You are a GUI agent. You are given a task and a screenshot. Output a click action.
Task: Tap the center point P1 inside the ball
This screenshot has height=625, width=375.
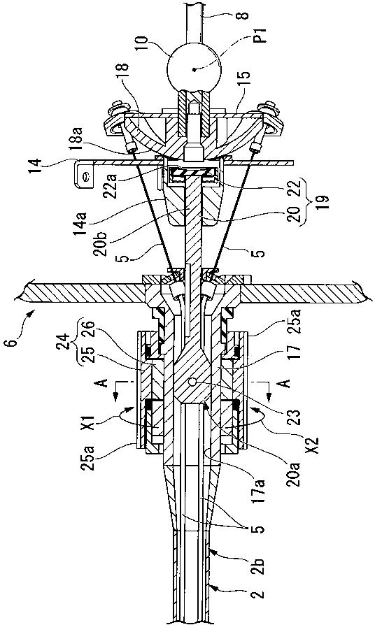[194, 70]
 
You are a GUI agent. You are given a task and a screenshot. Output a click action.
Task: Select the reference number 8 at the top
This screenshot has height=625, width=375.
[244, 16]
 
